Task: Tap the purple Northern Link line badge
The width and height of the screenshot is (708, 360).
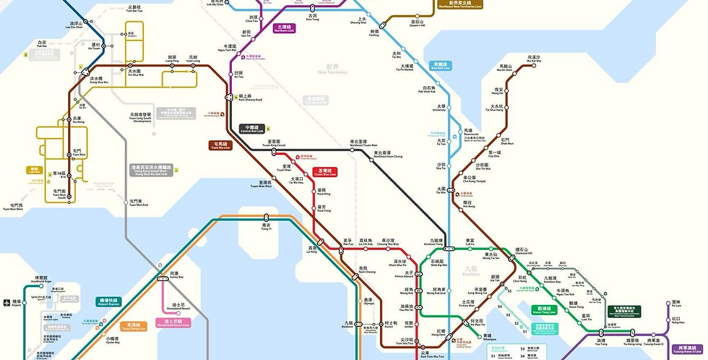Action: (283, 28)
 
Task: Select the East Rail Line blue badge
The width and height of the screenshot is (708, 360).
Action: (440, 65)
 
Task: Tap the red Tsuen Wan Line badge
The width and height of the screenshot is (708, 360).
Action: (321, 172)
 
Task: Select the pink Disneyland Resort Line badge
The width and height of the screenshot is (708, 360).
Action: (173, 322)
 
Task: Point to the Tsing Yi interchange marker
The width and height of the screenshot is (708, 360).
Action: (266, 217)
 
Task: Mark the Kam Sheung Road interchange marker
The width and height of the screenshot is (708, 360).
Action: (241, 95)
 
